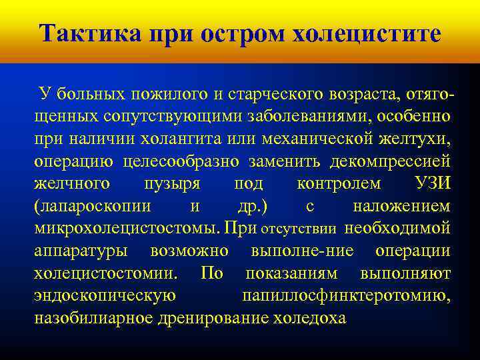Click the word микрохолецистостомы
[x=125, y=229]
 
